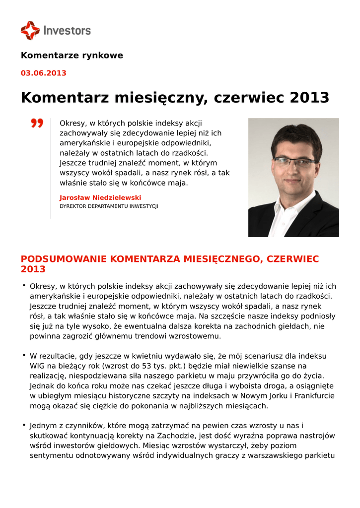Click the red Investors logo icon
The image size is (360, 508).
(30, 30)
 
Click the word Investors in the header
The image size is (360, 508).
(68, 30)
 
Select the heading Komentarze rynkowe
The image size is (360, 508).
(72, 56)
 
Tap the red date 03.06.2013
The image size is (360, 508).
(43, 73)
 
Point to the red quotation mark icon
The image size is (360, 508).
(37, 123)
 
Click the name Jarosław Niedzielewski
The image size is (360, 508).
(100, 197)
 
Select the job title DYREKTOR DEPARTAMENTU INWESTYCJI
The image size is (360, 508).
(109, 206)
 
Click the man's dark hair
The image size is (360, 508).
(296, 134)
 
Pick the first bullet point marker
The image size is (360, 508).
(23, 285)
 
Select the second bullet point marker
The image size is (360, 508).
(23, 355)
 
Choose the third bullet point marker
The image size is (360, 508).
(23, 425)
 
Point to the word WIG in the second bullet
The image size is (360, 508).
(38, 366)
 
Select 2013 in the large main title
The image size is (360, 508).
(309, 97)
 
